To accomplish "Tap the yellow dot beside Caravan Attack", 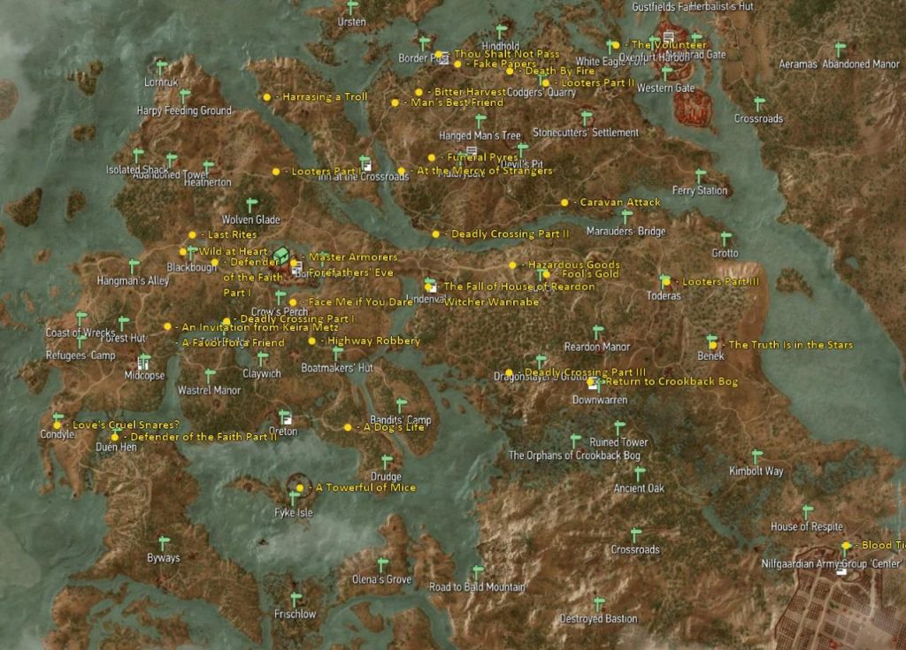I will [564, 203].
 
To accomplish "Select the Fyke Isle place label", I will [294, 513].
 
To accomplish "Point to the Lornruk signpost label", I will [161, 82].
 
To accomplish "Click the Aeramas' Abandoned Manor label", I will [839, 65].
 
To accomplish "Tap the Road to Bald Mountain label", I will [477, 587].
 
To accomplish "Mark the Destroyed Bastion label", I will [598, 619].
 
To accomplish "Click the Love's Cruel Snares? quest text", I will [126, 424].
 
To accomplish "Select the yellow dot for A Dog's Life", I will [348, 427].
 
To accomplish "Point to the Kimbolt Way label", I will [756, 471].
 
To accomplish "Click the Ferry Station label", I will [700, 190].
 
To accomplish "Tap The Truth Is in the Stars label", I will [790, 345].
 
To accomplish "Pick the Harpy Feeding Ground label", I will [184, 111].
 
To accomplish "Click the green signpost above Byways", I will [163, 542].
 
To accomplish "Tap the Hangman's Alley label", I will [133, 281].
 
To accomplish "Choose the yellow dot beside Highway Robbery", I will [311, 340].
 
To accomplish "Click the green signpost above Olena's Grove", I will [382, 563].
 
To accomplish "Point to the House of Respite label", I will [807, 527].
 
